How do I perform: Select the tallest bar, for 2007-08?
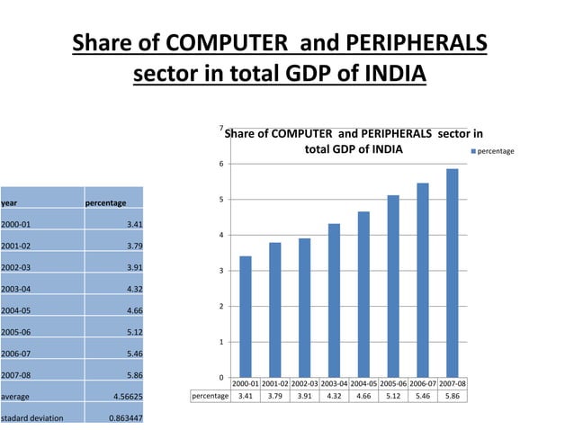pyautogui.click(x=452, y=273)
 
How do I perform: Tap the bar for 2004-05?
pyautogui.click(x=363, y=294)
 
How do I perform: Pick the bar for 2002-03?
pyautogui.click(x=304, y=308)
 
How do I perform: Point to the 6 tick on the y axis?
pyautogui.click(x=221, y=164)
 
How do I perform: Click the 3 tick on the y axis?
pyautogui.click(x=221, y=271)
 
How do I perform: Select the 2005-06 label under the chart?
pyautogui.click(x=392, y=384)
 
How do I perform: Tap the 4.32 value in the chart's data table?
pyautogui.click(x=334, y=396)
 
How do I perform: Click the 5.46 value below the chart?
pyautogui.click(x=422, y=396)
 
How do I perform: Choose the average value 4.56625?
pyautogui.click(x=124, y=396)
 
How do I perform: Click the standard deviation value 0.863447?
pyautogui.click(x=124, y=418)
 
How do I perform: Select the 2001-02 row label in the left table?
pyautogui.click(x=18, y=246)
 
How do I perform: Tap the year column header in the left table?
pyautogui.click(x=10, y=203)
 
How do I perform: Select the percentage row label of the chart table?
pyautogui.click(x=210, y=396)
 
